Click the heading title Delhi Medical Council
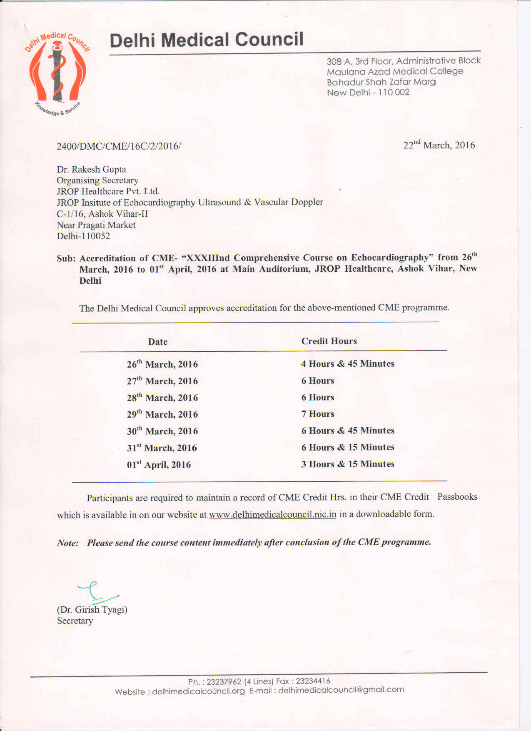[207, 40]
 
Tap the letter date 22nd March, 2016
[439, 145]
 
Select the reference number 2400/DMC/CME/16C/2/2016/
[119, 146]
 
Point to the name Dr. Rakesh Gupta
[91, 169]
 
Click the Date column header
[157, 342]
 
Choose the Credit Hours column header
[329, 341]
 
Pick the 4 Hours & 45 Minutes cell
[348, 364]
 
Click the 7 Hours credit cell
[318, 414]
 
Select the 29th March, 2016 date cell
[162, 414]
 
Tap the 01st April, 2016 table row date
[159, 464]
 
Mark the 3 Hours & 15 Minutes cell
[348, 464]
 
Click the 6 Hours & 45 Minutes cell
[348, 431]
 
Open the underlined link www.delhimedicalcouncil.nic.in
[272, 514]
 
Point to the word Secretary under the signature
[75, 621]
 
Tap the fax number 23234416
[313, 681]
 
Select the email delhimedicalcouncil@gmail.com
[341, 690]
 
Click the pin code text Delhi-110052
[83, 236]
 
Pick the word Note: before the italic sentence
[68, 543]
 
